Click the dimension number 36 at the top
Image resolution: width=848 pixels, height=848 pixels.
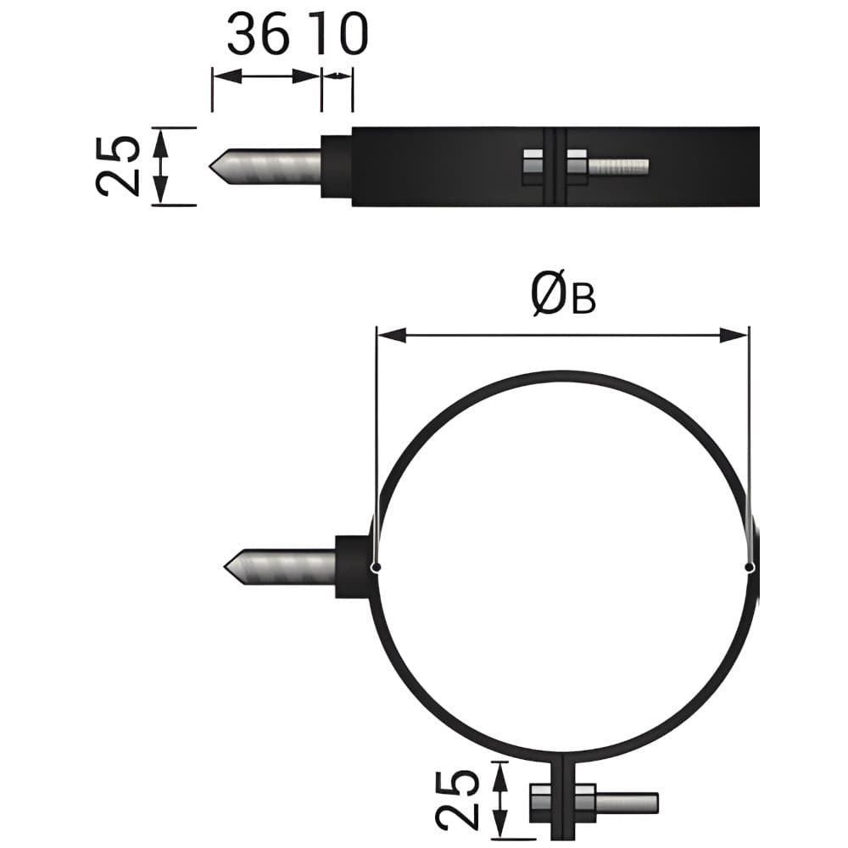(258, 34)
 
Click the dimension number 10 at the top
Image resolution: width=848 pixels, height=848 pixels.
(341, 34)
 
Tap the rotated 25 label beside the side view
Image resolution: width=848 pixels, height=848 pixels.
(117, 165)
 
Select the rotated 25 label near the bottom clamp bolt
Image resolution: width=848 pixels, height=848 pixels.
(458, 800)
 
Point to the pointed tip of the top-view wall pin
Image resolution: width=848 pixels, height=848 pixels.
(209, 166)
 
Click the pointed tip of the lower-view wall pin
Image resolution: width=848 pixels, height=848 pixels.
(225, 566)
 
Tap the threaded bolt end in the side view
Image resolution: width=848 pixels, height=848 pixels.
(618, 167)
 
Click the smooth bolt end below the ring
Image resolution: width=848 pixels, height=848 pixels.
(628, 802)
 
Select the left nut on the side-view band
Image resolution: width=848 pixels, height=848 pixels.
(533, 166)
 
